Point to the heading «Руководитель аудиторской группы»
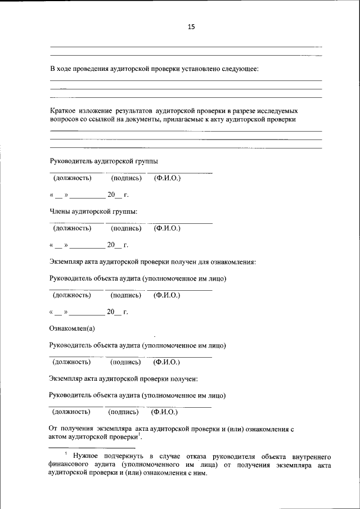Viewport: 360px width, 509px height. (x=104, y=161)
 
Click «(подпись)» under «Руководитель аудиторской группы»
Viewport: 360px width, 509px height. (x=126, y=178)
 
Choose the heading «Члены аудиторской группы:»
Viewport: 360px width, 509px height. (x=93, y=211)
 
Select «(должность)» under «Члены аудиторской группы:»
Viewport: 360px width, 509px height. (x=72, y=228)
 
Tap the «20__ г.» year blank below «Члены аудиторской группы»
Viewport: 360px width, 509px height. (x=118, y=245)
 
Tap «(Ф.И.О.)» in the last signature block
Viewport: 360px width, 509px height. (x=165, y=412)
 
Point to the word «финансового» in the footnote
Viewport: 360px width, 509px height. (x=68, y=465)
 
